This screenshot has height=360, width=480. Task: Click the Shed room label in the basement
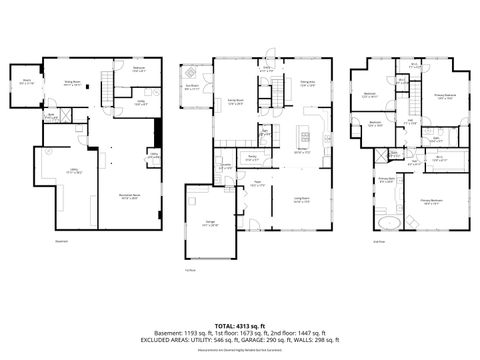coord(26,82)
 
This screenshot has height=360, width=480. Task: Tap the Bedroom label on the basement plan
coord(139,69)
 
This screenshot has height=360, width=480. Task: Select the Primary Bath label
coord(384,181)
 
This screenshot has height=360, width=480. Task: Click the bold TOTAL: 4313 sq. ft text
coord(239,325)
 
